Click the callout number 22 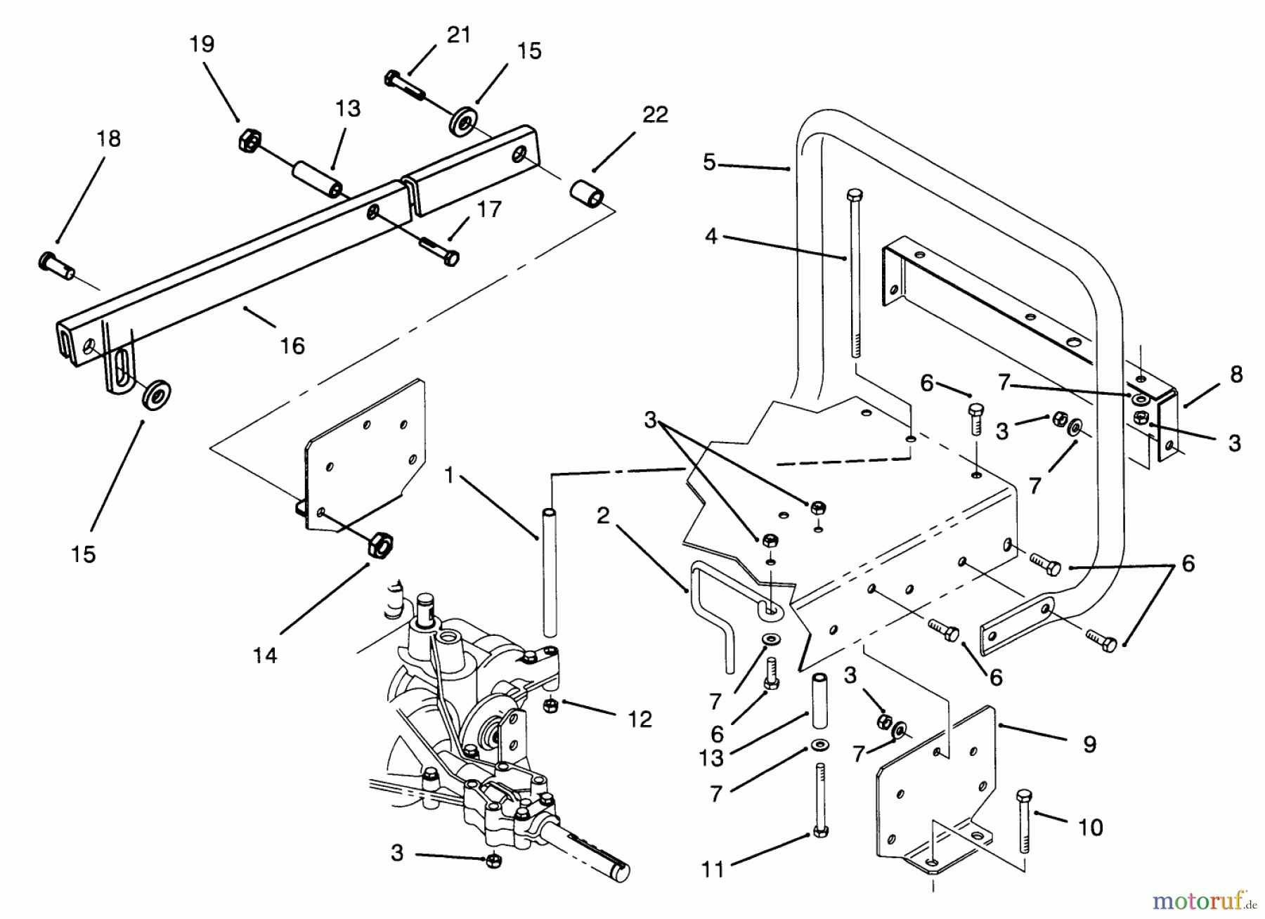(655, 115)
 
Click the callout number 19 (202, 44)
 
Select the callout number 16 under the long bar (292, 346)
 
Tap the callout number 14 (265, 656)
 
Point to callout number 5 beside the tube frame (709, 163)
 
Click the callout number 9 (1089, 744)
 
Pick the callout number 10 (1090, 828)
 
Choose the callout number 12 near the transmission (640, 719)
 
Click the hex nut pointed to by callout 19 (247, 141)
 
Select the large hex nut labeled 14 (380, 545)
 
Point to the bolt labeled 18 (55, 265)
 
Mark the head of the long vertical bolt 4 (855, 196)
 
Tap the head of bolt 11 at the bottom (819, 832)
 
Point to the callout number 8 (1236, 374)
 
